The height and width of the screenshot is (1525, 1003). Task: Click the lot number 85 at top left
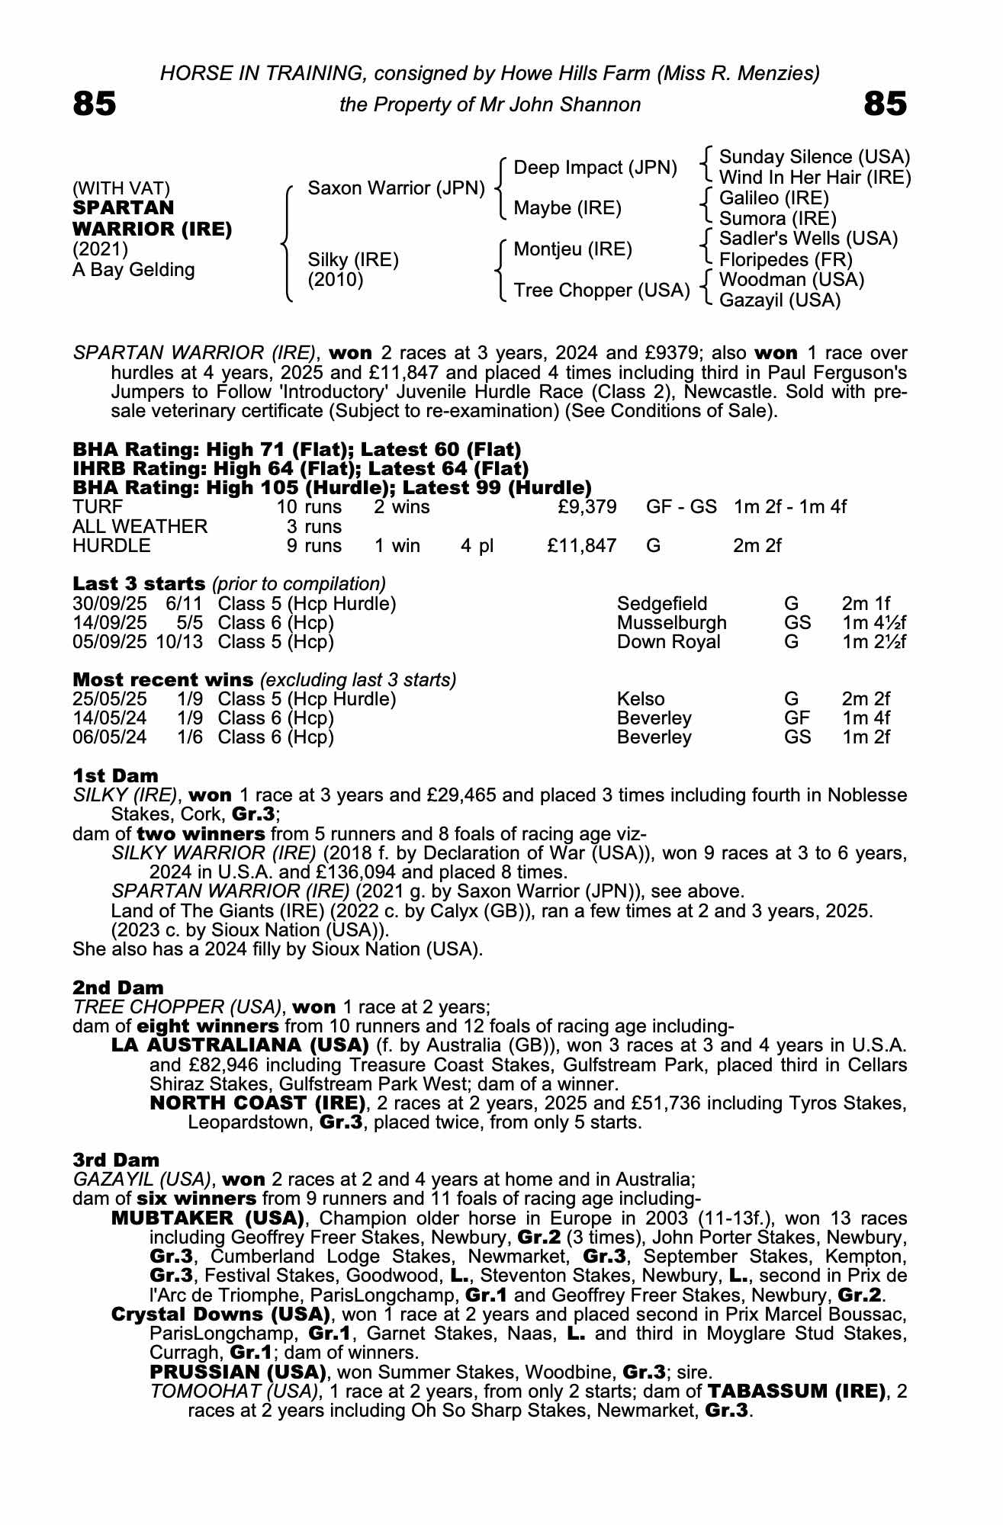tap(95, 104)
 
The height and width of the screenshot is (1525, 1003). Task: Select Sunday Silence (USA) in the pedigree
tap(814, 157)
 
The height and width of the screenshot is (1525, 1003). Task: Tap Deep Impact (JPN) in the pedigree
tap(595, 168)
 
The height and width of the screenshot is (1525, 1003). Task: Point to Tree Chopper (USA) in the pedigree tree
tap(601, 291)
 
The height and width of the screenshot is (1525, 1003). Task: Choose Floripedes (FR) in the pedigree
tap(786, 260)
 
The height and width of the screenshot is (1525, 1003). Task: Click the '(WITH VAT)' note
tap(121, 188)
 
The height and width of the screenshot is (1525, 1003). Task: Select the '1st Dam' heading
tap(115, 776)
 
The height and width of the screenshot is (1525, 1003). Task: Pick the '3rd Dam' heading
tap(116, 1160)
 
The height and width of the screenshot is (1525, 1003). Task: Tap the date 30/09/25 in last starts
tap(109, 604)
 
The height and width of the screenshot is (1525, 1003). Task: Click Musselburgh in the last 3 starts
tap(671, 623)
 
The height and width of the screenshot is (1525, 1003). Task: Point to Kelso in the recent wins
tap(640, 699)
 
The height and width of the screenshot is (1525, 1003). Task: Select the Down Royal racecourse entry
tap(668, 642)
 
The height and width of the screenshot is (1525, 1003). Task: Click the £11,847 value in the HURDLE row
tap(581, 546)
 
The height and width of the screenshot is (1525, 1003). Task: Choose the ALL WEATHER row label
tap(140, 527)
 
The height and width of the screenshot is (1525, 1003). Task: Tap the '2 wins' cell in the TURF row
tap(401, 507)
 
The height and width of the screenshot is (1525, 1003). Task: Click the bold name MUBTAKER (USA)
tap(208, 1218)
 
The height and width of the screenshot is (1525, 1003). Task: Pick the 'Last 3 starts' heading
tap(139, 584)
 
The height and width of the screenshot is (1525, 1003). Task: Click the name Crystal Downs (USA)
tap(220, 1315)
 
